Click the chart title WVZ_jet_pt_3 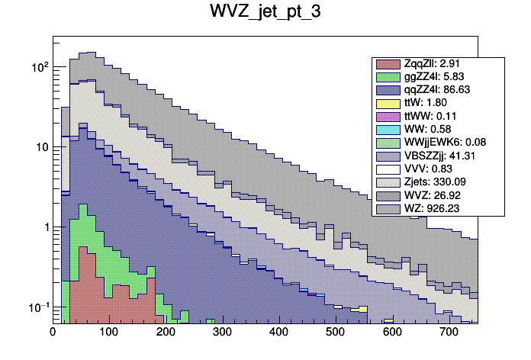[x=265, y=13]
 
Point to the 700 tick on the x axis [x=449, y=333]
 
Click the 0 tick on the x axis [x=53, y=333]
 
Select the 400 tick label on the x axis [x=278, y=333]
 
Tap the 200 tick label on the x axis [x=166, y=333]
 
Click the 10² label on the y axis [x=40, y=67]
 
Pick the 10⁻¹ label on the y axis [x=38, y=307]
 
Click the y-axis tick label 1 [x=45, y=227]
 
